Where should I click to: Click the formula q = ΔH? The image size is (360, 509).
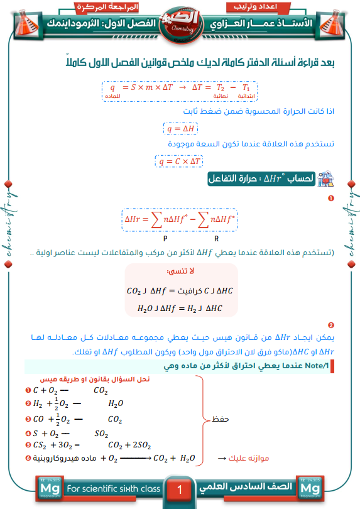(x=180, y=129)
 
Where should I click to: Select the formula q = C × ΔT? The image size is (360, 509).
(x=180, y=161)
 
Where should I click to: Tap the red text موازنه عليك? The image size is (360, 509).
(x=248, y=458)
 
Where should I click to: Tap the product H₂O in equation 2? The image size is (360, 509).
(x=116, y=405)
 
